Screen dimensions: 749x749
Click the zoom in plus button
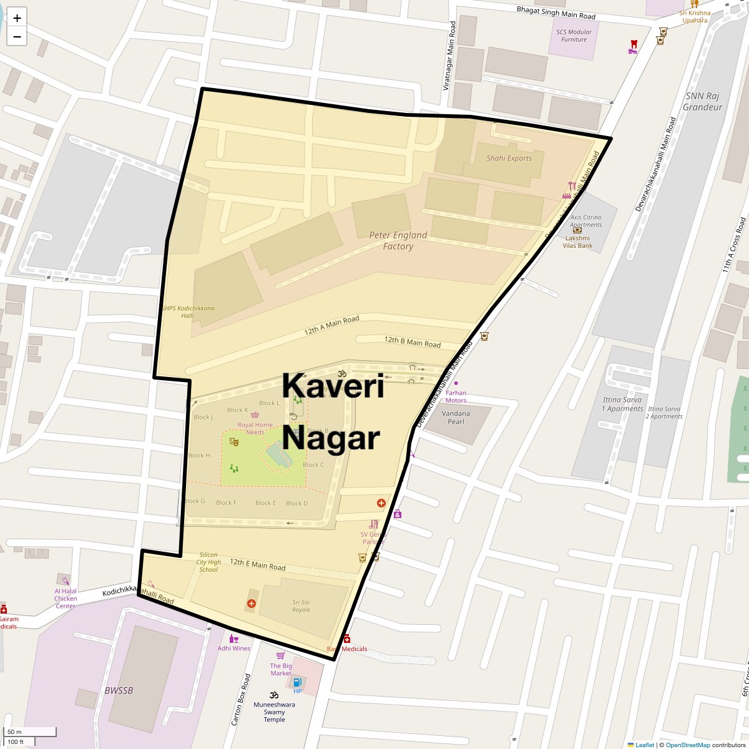coord(17,18)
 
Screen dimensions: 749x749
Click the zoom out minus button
coord(17,37)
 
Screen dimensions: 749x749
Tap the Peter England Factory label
coord(398,240)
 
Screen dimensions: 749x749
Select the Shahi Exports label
coord(509,158)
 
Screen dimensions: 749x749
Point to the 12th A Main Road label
coord(332,326)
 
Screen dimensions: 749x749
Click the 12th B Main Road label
coord(412,341)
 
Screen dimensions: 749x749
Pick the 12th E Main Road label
coord(257,565)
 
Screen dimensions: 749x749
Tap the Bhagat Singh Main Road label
coord(556,12)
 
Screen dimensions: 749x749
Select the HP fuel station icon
coord(297,682)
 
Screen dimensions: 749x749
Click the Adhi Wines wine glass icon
coord(233,639)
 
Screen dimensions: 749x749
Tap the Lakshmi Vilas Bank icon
coord(577,229)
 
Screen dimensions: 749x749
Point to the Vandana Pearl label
coord(456,417)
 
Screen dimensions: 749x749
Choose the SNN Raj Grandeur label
coord(702,101)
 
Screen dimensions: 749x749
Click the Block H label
coord(199,456)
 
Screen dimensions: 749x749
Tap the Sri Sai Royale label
coord(301,605)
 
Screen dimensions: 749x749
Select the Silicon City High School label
coord(208,562)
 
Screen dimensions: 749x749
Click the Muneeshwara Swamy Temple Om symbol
coord(273,695)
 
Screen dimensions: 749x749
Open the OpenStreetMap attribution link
coord(687,745)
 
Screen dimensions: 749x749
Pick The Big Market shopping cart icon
coord(280,655)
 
